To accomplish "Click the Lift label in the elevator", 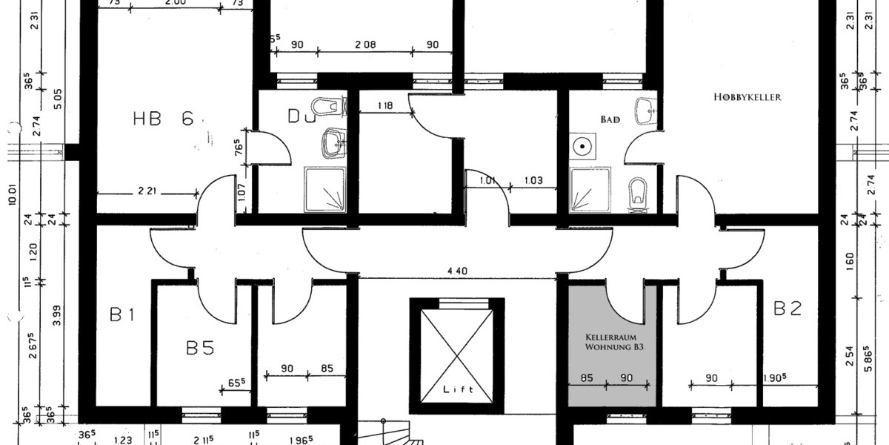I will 457,389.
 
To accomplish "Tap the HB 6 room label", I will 164,119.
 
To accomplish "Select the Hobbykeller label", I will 748,97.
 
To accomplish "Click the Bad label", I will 610,119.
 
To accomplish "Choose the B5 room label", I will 200,348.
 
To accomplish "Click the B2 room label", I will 787,309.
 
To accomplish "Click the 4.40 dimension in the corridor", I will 456,271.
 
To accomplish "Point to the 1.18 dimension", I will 384,106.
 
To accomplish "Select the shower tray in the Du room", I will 325,189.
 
